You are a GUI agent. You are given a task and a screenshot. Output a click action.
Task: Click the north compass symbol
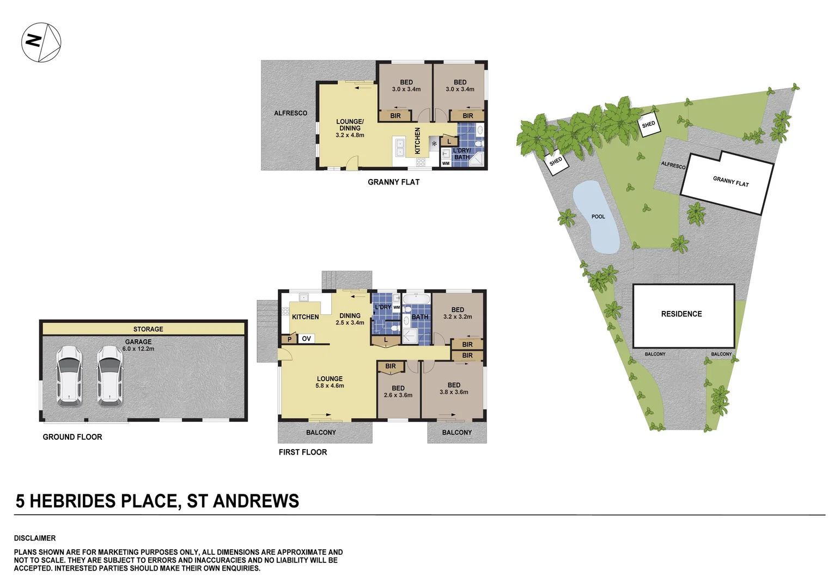(41, 42)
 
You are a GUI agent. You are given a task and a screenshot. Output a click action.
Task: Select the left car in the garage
(69, 376)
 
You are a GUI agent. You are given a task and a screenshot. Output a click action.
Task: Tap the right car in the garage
(109, 376)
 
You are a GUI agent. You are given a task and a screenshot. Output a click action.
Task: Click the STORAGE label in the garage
(148, 329)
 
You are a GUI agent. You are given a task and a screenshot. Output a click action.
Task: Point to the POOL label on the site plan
(598, 217)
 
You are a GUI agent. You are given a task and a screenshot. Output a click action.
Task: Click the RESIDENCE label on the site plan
(681, 314)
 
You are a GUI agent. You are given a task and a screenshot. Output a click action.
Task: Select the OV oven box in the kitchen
(306, 339)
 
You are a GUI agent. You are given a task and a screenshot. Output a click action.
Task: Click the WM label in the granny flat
(446, 163)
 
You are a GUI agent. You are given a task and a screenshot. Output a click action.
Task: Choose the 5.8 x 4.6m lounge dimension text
(330, 386)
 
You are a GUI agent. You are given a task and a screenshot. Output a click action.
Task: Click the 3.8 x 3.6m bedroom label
(454, 392)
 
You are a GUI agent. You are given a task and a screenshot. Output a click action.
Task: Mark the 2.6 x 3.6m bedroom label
(398, 395)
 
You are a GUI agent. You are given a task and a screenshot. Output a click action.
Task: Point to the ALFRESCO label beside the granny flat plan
(290, 113)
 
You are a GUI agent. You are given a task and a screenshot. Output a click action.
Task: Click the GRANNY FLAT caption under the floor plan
(393, 182)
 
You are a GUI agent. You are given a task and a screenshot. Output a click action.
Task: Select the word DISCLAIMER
(35, 538)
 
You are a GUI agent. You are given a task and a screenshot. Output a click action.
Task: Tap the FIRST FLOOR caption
(302, 452)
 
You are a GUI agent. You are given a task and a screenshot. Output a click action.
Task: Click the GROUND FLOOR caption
(72, 437)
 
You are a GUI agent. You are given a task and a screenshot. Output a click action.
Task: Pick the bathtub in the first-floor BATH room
(417, 299)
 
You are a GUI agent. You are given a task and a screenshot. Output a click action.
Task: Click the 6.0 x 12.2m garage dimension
(138, 348)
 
